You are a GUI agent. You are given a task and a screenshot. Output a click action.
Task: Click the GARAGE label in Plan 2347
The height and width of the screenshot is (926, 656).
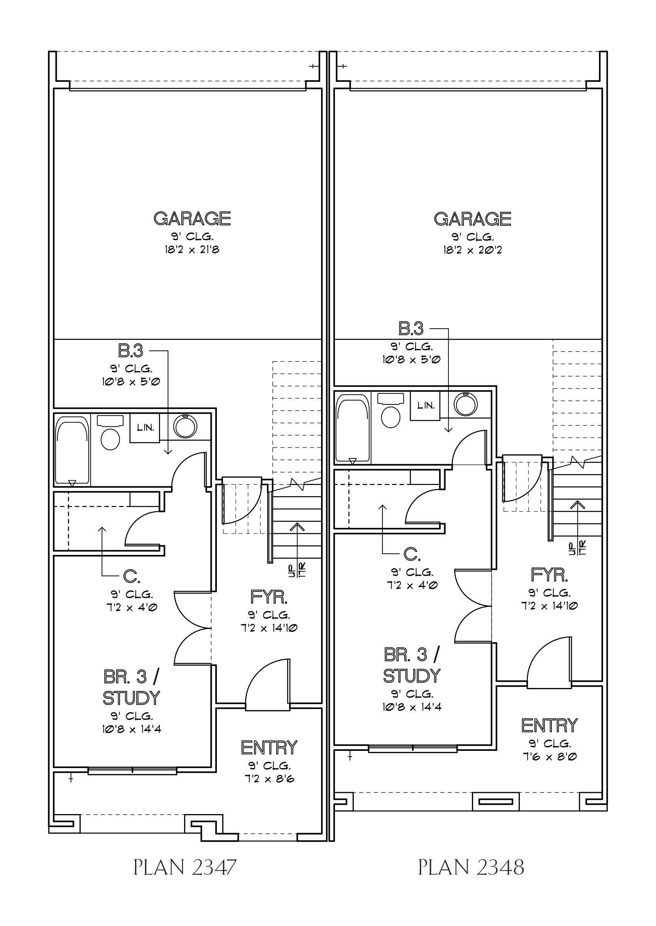(192, 218)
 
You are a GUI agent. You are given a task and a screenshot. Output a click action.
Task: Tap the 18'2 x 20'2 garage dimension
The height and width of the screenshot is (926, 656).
(472, 250)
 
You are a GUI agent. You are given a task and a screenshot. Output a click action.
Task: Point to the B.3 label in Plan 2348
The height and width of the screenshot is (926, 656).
(411, 329)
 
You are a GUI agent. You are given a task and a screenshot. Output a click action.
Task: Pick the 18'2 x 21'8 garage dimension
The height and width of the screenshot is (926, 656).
(192, 250)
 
